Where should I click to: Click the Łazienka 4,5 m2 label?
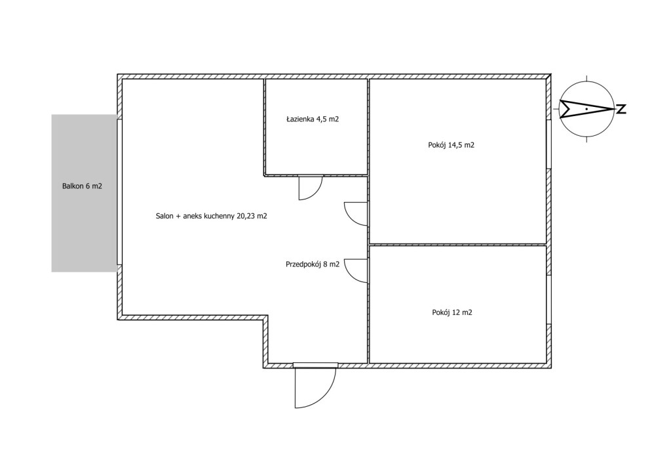point(313,119)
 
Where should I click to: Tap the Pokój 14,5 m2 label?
point(451,145)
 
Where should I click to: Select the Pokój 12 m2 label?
point(452,313)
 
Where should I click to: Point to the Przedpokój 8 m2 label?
point(313,264)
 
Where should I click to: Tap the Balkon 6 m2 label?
point(82,186)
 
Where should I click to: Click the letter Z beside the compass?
point(621,109)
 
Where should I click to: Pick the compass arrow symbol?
point(586,109)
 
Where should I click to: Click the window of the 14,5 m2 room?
point(548,144)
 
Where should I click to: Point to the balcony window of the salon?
point(119,192)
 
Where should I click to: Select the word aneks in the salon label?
point(192,217)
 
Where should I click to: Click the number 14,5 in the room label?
point(455,145)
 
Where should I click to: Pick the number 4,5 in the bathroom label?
point(321,119)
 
